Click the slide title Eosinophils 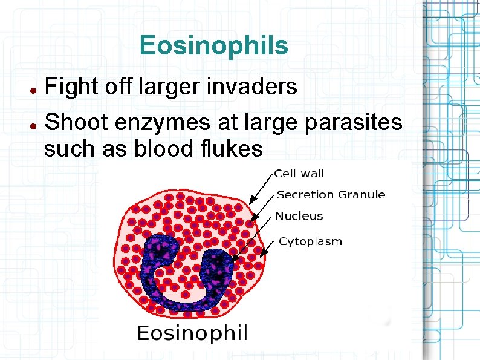point(213,45)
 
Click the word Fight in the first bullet point(68,87)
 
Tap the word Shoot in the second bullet point(75,122)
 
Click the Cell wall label point(299,174)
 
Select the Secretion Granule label point(331,195)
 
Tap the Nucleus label point(299,216)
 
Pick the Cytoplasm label point(310,242)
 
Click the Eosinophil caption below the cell point(192,333)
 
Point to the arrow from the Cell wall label point(261,186)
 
